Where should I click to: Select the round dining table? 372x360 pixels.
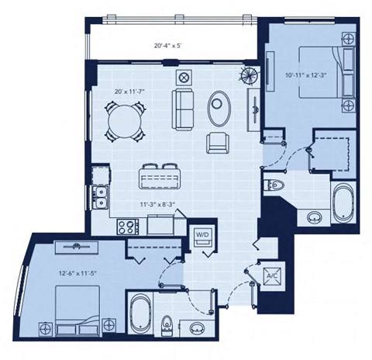[122, 121]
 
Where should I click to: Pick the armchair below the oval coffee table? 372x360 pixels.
[218, 141]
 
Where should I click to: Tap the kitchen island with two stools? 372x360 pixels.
[160, 178]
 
